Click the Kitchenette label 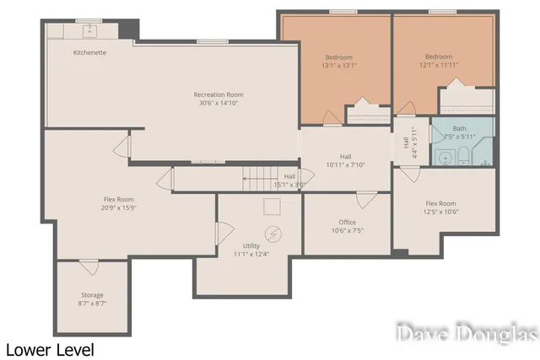[89, 52]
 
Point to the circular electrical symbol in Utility [273, 234]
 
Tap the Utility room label [251, 245]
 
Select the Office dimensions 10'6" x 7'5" [346, 230]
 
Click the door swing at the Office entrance [364, 201]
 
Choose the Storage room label [92, 295]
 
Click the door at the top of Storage [89, 267]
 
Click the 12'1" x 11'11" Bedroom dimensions [440, 66]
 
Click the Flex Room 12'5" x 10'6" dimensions [441, 212]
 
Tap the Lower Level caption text [50, 349]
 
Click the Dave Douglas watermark [467, 334]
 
